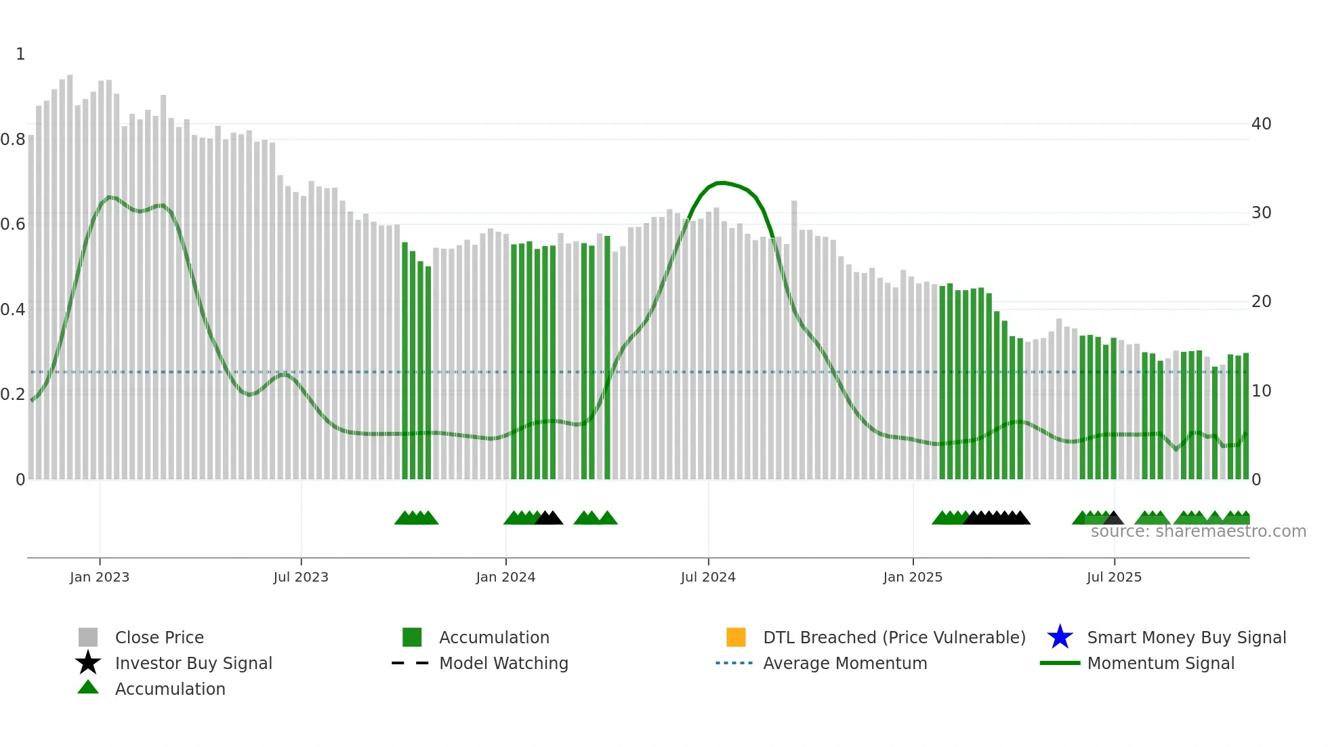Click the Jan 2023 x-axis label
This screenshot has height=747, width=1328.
click(99, 577)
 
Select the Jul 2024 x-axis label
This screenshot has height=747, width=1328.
click(708, 577)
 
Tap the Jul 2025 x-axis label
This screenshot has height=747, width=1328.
click(1114, 577)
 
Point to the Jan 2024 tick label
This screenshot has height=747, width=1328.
click(505, 577)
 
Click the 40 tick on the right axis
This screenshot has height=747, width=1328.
click(1261, 124)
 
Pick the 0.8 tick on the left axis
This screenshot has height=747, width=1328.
click(13, 140)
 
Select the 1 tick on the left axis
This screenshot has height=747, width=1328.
click(20, 54)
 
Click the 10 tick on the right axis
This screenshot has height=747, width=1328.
click(1261, 391)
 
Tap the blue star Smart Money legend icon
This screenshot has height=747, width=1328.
click(1060, 637)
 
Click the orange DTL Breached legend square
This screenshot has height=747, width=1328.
click(736, 637)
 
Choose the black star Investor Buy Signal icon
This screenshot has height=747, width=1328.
click(88, 663)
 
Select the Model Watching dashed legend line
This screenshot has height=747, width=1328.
click(411, 663)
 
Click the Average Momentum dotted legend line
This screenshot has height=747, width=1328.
click(734, 663)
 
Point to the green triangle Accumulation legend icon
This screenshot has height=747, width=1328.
click(88, 688)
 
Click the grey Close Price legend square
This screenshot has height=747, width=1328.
click(88, 637)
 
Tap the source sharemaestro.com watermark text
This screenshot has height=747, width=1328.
click(1198, 531)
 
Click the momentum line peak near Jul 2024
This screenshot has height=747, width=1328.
click(722, 182)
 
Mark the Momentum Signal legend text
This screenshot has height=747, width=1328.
click(1161, 663)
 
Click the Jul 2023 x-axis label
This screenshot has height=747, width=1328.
click(301, 577)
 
